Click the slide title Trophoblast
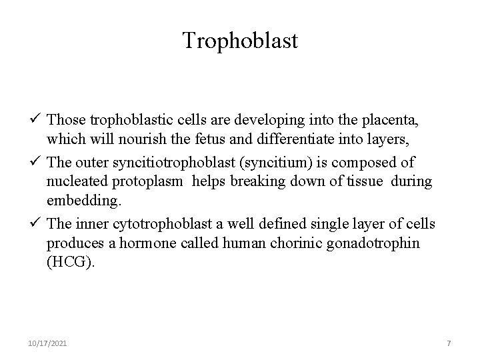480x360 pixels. [x=240, y=41]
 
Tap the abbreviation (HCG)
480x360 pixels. [x=71, y=263]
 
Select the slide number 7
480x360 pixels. [x=449, y=343]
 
